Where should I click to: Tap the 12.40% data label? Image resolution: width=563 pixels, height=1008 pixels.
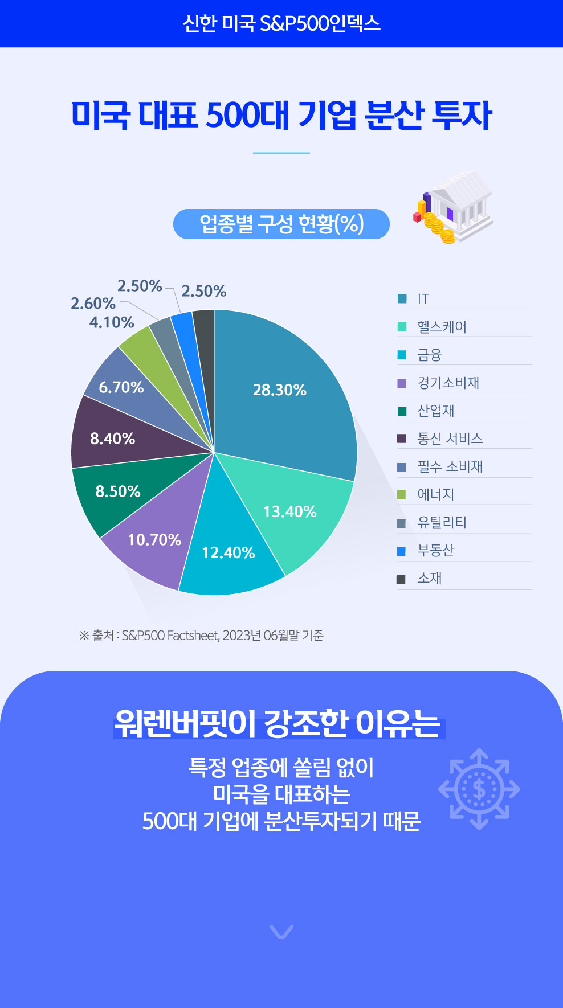pos(229,552)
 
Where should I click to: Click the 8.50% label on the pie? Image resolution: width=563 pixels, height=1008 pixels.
pos(118,491)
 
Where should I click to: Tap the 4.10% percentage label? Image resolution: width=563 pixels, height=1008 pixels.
pos(112,323)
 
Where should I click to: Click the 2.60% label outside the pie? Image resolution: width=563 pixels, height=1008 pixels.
pos(93,304)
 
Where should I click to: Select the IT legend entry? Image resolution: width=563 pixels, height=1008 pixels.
pos(422,299)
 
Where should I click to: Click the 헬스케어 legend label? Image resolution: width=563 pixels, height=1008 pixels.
pos(442,327)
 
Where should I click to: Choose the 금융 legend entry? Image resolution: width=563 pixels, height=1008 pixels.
pos(430,355)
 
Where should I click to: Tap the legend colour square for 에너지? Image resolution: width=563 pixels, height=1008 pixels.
pos(402,494)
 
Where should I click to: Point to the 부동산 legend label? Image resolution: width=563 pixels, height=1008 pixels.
pos(436,550)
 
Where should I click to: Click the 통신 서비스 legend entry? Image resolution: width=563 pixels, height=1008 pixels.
pos(450,439)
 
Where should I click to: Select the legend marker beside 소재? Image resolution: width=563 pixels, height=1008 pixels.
pos(401,579)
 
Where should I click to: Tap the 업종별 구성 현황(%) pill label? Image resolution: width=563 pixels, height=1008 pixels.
pos(281,224)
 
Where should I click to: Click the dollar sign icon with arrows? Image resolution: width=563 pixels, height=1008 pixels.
pos(479,789)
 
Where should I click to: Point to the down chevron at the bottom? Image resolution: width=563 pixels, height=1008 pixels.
pos(281,931)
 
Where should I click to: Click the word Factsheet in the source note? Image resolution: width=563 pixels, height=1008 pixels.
pos(193,636)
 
